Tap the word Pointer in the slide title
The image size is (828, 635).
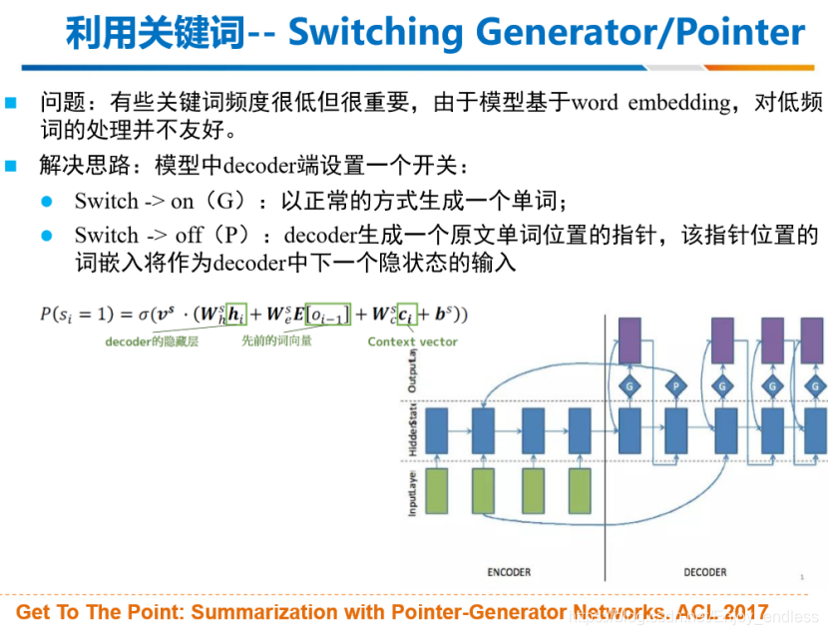pyautogui.click(x=739, y=32)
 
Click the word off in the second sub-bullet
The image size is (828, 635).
pyautogui.click(x=188, y=236)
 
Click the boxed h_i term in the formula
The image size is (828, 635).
pyautogui.click(x=235, y=315)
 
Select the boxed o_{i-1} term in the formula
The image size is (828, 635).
pyautogui.click(x=326, y=315)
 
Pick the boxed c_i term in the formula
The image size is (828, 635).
pyautogui.click(x=406, y=315)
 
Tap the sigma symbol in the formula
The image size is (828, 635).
pyautogui.click(x=144, y=315)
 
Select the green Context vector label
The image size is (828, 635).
pyautogui.click(x=412, y=341)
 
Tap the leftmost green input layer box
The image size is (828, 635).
pyautogui.click(x=436, y=492)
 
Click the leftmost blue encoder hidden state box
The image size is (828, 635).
pyautogui.click(x=436, y=431)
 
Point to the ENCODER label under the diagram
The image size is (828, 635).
pyautogui.click(x=509, y=572)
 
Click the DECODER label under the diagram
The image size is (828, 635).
pyautogui.click(x=704, y=572)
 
